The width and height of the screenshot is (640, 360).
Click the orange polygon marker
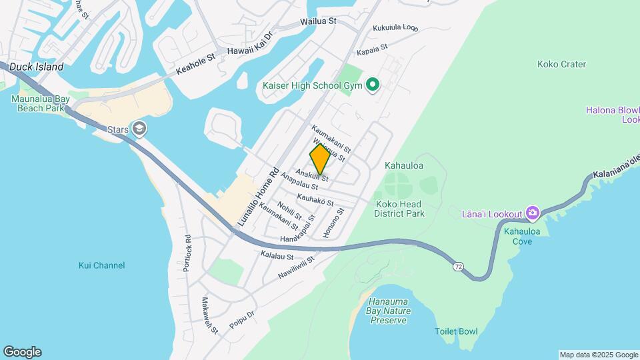click(320, 159)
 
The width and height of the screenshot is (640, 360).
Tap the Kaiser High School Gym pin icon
click(373, 85)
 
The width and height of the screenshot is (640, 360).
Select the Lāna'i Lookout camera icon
click(532, 213)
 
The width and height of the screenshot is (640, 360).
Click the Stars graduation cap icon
click(139, 128)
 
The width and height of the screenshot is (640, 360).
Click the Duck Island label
click(37, 67)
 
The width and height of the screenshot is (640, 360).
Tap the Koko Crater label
click(561, 65)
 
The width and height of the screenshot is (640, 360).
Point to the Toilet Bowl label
click(457, 331)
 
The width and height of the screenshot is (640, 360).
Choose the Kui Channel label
click(101, 265)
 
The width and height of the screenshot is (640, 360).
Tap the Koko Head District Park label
click(400, 209)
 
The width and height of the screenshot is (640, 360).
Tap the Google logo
click(22, 352)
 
